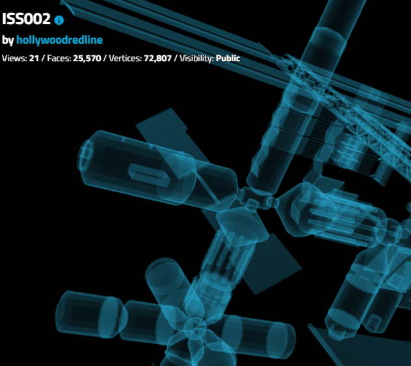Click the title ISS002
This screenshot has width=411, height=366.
click(x=26, y=19)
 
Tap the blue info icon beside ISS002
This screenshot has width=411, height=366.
click(x=59, y=20)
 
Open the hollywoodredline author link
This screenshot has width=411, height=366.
click(x=59, y=40)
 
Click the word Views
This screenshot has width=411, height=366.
click(x=14, y=58)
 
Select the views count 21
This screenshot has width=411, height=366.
click(x=34, y=58)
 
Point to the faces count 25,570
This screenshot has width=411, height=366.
click(x=87, y=59)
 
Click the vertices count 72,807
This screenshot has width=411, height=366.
click(x=158, y=59)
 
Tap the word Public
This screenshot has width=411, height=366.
click(x=228, y=58)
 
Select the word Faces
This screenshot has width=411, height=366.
click(x=59, y=58)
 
